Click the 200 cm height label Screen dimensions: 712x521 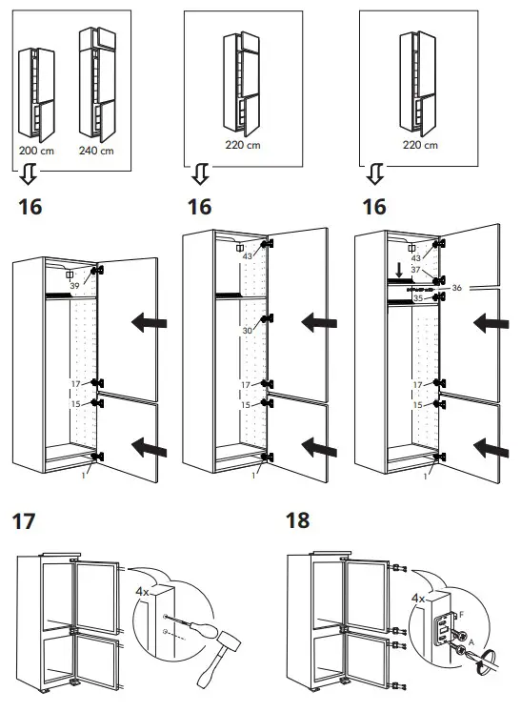click(x=36, y=151)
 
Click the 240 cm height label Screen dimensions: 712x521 click(x=95, y=151)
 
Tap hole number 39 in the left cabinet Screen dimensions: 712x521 click(x=74, y=285)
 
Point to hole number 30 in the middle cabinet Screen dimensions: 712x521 click(x=247, y=330)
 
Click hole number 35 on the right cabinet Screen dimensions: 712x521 click(x=416, y=298)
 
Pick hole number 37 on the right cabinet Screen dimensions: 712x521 click(x=416, y=271)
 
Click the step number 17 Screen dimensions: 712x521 click(x=25, y=521)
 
